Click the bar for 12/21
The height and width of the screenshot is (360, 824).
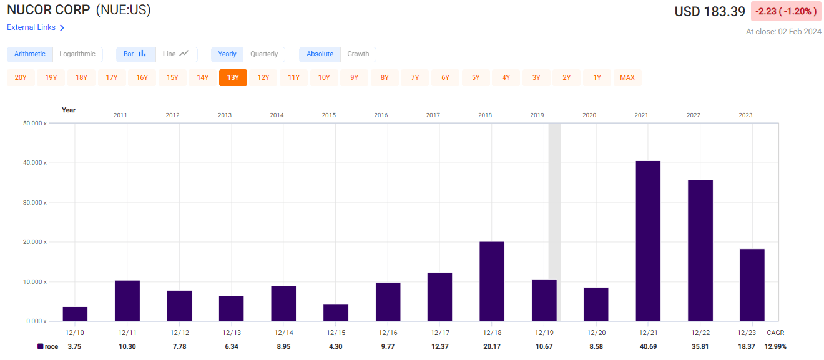click(x=648, y=241)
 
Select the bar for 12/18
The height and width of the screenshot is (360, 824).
click(x=492, y=281)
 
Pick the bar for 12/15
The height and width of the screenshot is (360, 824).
click(x=336, y=313)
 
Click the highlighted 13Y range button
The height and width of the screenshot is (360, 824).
click(x=233, y=77)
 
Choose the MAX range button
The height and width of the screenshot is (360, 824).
click(x=627, y=77)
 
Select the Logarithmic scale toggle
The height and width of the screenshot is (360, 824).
click(x=77, y=54)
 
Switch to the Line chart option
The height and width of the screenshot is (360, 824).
click(x=175, y=54)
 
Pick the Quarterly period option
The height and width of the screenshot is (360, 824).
click(x=264, y=54)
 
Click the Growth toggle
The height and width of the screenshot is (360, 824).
click(x=358, y=54)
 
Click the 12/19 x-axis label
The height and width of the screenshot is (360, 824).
click(x=544, y=333)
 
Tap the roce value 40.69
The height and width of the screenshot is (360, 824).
click(x=648, y=346)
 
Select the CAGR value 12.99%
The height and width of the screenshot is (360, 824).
click(x=775, y=346)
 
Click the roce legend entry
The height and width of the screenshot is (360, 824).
click(x=48, y=346)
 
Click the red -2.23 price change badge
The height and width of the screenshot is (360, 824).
click(x=786, y=12)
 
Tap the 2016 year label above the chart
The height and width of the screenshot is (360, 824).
click(x=381, y=115)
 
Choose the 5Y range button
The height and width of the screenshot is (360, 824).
click(x=476, y=77)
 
